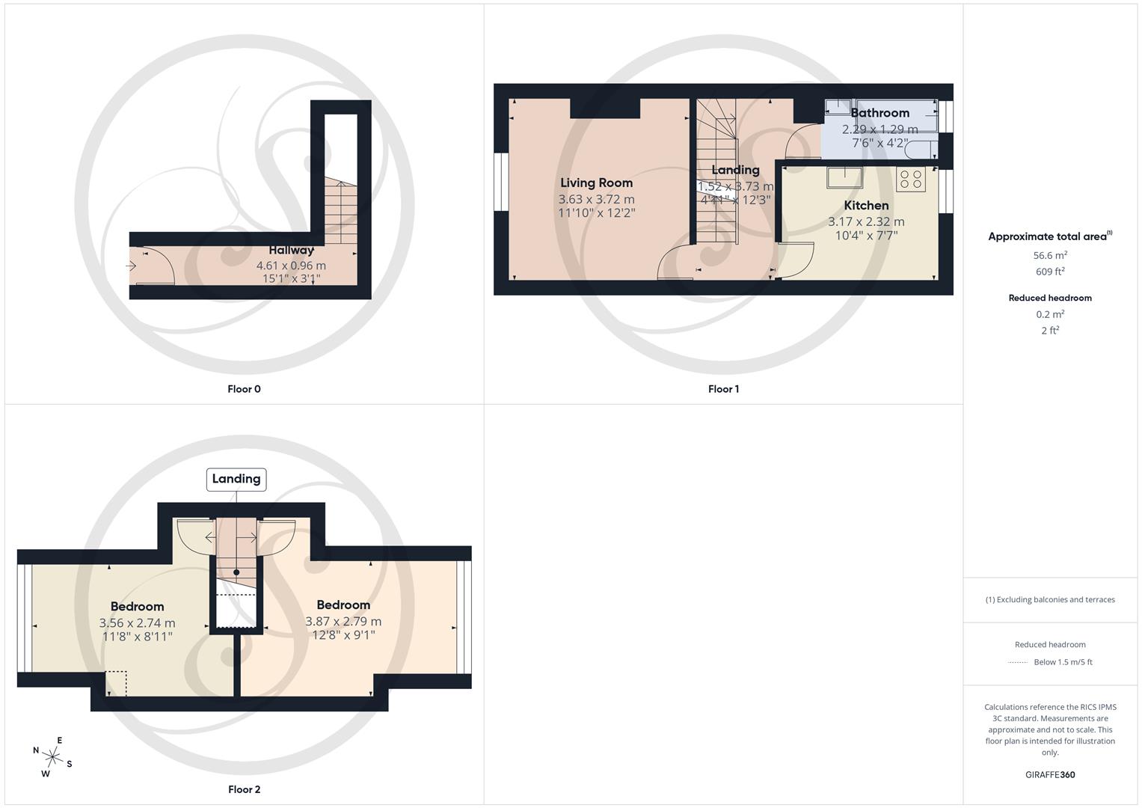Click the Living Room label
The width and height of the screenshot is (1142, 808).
click(596, 183)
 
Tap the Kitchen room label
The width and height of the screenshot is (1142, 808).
click(866, 205)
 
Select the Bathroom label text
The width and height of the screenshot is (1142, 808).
click(879, 113)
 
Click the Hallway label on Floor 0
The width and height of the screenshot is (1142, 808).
click(292, 250)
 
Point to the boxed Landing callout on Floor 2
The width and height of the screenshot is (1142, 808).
click(236, 479)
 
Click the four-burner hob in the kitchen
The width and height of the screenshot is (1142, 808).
click(911, 179)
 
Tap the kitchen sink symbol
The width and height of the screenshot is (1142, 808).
click(844, 177)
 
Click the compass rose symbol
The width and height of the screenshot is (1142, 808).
click(52, 756)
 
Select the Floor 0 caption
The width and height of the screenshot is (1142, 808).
click(244, 389)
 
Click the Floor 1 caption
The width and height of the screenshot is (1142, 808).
click(723, 389)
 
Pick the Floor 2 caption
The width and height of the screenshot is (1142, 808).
click(244, 789)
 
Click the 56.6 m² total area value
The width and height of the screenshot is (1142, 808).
click(1050, 255)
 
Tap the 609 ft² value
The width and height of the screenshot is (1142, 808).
click(1050, 272)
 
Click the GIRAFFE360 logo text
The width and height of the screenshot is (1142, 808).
click(1050, 774)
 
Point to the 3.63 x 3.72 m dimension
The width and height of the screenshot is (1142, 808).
click(596, 199)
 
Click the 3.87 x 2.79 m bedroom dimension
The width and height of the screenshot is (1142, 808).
click(343, 621)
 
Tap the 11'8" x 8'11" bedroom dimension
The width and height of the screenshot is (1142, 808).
click(138, 637)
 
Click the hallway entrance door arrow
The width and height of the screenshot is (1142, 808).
click(132, 266)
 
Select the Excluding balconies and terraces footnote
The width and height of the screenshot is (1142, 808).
click(1050, 599)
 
